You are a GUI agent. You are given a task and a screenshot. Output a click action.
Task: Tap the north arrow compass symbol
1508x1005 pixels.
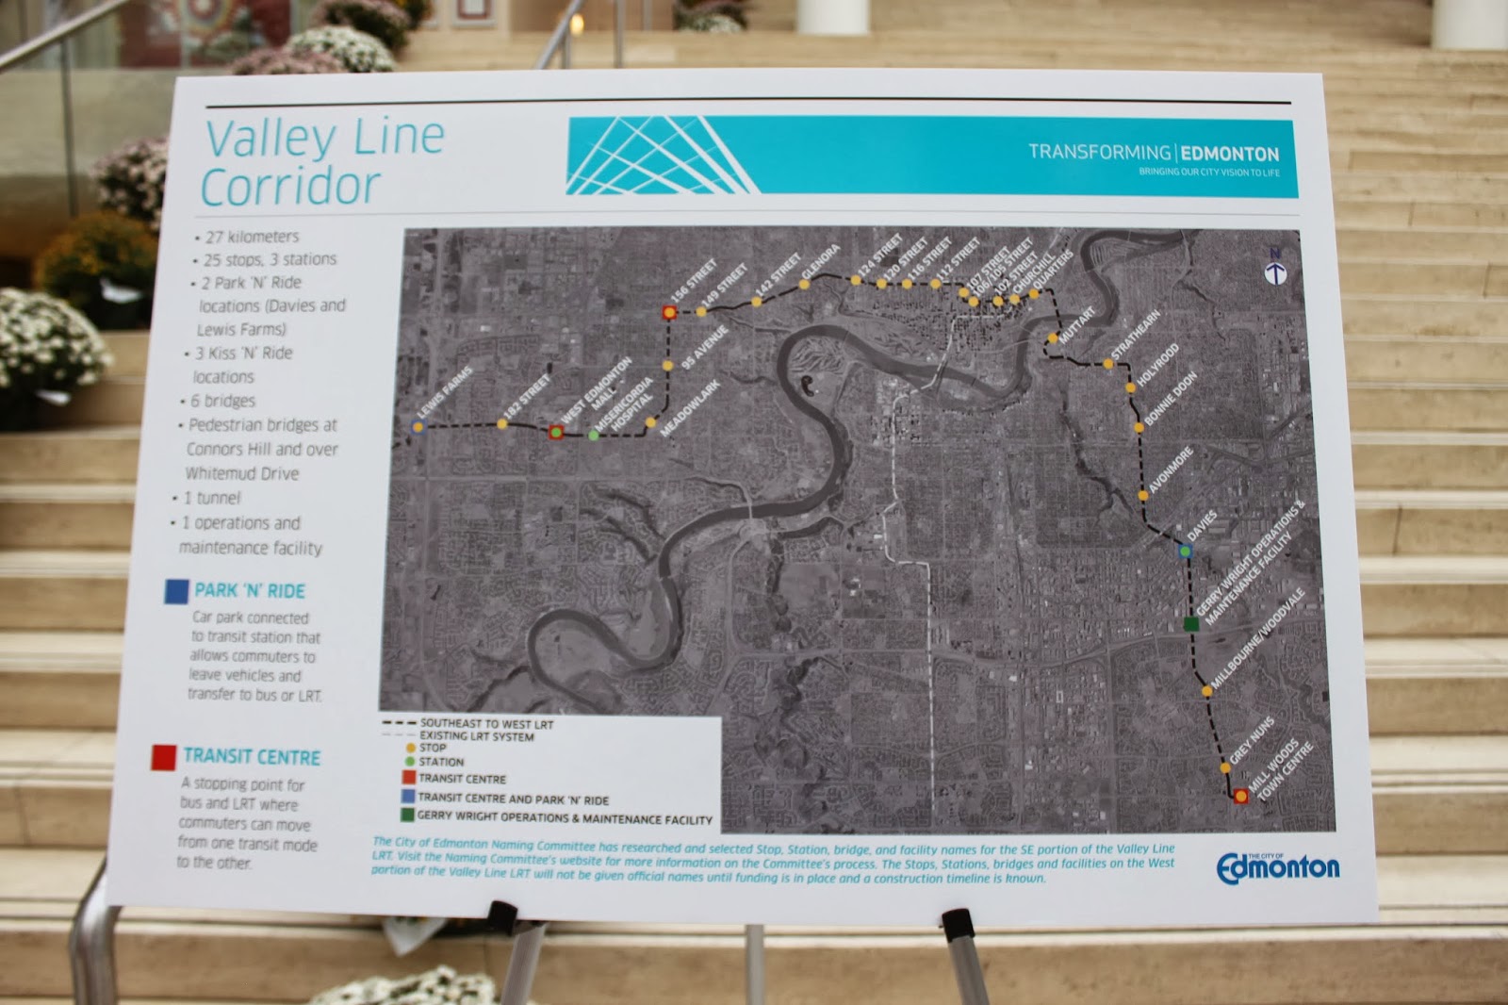1275,273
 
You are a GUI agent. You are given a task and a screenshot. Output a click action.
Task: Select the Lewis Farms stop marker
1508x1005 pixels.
418,427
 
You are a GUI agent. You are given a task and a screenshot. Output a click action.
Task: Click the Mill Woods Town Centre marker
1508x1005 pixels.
1241,797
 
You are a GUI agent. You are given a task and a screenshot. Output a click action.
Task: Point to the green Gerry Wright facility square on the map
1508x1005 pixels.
1191,623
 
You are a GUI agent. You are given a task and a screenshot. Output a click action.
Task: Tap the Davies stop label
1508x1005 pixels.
1203,526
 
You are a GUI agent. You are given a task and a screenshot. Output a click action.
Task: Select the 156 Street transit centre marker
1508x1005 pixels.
669,312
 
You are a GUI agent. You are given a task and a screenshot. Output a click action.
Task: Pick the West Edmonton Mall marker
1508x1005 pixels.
556,433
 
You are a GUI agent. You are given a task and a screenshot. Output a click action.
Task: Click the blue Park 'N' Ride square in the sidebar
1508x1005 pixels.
176,591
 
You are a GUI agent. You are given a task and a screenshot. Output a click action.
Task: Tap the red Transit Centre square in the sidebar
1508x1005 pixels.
164,757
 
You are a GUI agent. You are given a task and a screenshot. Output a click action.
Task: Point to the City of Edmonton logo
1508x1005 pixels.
1277,867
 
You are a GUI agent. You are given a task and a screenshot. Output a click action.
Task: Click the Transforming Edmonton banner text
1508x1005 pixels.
1153,153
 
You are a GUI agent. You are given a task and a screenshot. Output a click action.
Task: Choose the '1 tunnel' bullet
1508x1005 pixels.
210,498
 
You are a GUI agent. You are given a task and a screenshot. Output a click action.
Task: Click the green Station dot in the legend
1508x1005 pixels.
409,762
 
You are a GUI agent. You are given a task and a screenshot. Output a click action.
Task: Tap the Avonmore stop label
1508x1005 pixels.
1172,470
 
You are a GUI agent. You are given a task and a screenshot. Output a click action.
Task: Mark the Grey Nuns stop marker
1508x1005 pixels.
1225,768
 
